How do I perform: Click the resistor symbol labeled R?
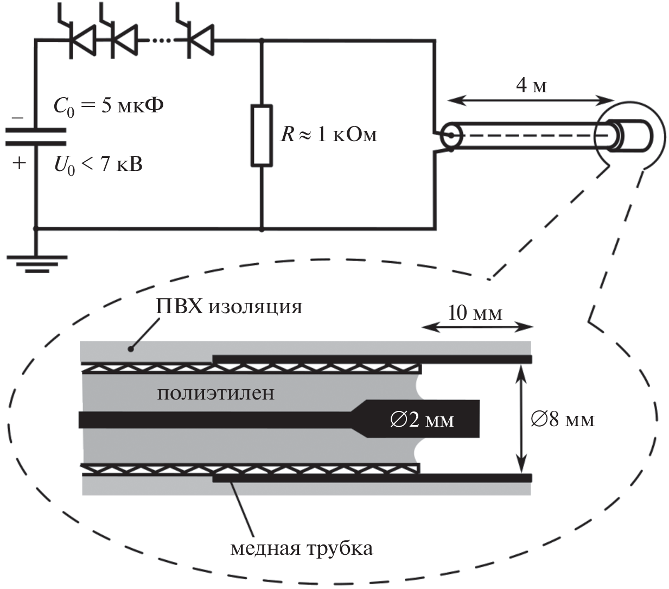point(262,136)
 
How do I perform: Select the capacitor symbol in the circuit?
point(36,137)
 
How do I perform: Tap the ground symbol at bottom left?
point(36,262)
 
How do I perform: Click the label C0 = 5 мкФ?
point(109,106)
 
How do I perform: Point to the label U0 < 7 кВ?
point(98,163)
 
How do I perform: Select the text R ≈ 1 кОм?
point(329,134)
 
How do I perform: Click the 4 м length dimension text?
point(531,85)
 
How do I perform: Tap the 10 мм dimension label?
point(475,313)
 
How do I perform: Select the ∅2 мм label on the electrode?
point(422,420)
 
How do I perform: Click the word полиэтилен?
point(215,392)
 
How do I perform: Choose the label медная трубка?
point(302,548)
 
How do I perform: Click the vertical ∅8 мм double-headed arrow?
point(521,419)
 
